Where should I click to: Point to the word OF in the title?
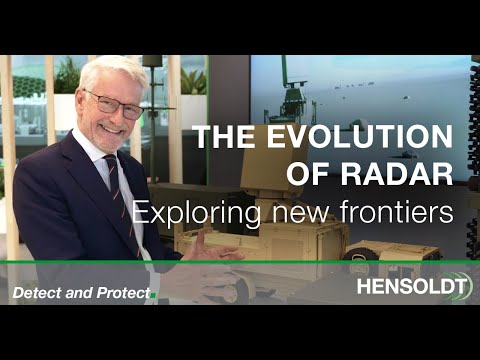[x=308, y=173]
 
